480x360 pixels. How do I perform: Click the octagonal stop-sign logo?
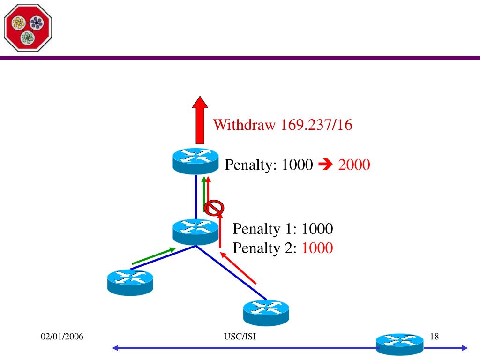point(28,28)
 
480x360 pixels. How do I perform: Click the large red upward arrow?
point(200,120)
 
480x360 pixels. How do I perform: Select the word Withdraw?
point(244,125)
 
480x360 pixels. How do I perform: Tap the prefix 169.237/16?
point(316,125)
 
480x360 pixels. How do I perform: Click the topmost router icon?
point(195,161)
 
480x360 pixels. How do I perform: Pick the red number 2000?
point(354,165)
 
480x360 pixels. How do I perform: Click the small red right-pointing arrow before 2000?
point(325,165)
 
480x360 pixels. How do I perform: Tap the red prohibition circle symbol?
point(214,208)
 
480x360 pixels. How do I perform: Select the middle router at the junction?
point(195,232)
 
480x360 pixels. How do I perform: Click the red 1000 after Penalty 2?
point(317,248)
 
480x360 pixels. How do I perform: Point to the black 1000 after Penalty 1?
point(317,229)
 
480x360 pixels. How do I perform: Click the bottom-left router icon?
point(130,282)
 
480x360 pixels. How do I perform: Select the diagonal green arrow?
point(154,256)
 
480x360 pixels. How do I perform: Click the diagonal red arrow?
point(238,268)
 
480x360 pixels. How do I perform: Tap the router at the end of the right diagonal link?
point(266,313)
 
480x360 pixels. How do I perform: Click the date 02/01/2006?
point(62,337)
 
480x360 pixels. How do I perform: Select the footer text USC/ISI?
point(240,337)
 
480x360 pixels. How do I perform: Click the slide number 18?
point(435,337)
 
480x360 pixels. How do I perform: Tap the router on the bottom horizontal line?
point(400,345)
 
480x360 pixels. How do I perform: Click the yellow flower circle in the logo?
point(19,23)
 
